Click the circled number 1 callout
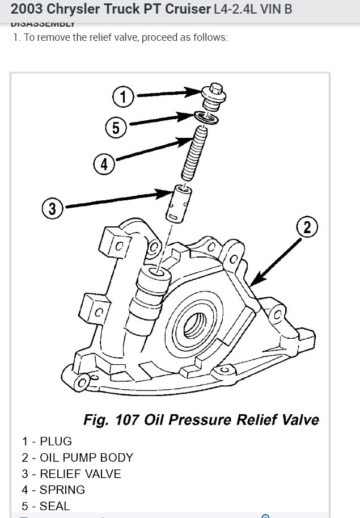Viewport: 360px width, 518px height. click(123, 97)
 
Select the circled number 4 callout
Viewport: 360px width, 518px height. click(103, 165)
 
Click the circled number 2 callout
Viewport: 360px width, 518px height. click(307, 228)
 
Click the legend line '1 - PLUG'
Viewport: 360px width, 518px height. click(47, 441)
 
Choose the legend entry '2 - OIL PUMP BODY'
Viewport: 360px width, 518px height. click(78, 457)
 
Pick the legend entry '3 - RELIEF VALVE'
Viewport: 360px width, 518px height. click(71, 474)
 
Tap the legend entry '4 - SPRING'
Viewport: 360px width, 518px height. click(54, 490)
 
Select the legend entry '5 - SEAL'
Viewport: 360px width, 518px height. click(46, 506)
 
